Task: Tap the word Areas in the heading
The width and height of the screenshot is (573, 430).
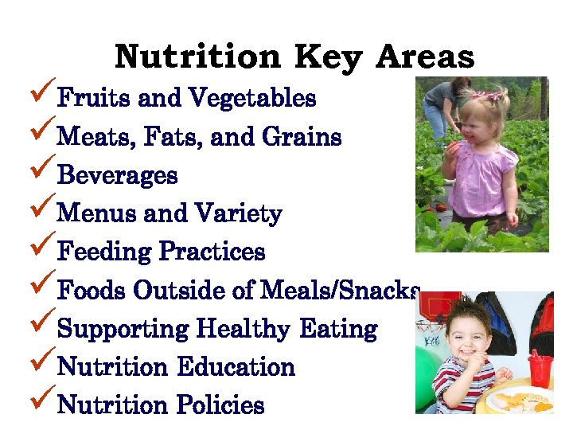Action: (426, 57)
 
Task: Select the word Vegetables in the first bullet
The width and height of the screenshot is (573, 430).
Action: (252, 99)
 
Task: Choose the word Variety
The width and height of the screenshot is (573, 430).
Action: (238, 214)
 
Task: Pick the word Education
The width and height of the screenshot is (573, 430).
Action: (236, 367)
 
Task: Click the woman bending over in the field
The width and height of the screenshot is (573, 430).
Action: (442, 107)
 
